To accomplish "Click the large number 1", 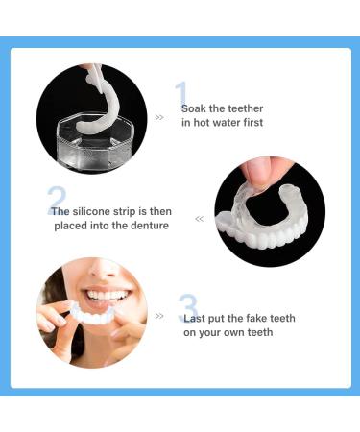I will click(180, 94).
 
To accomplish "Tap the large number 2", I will click(57, 200).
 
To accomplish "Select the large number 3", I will click(189, 308).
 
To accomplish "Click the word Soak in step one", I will click(194, 108).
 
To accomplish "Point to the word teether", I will click(245, 108).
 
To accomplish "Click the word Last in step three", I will click(194, 319).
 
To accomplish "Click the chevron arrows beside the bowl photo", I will click(159, 117).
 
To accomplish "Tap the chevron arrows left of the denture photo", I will click(199, 219).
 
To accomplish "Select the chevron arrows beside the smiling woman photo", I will click(159, 315).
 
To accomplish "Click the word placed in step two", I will click(69, 225).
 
